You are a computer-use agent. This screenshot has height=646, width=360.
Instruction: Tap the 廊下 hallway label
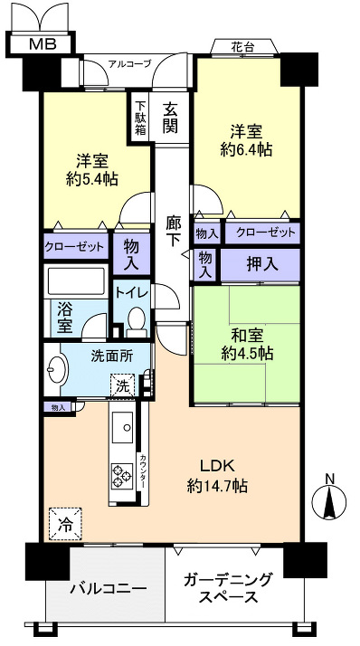click(x=174, y=232)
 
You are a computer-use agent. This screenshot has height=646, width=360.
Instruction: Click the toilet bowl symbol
click(x=135, y=319)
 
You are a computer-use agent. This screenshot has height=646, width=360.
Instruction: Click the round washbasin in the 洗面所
click(x=55, y=370)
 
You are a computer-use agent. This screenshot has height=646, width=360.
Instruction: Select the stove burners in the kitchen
click(x=121, y=471)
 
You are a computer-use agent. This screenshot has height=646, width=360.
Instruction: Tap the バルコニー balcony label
click(x=109, y=589)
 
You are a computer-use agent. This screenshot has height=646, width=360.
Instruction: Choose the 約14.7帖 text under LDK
click(x=217, y=486)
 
